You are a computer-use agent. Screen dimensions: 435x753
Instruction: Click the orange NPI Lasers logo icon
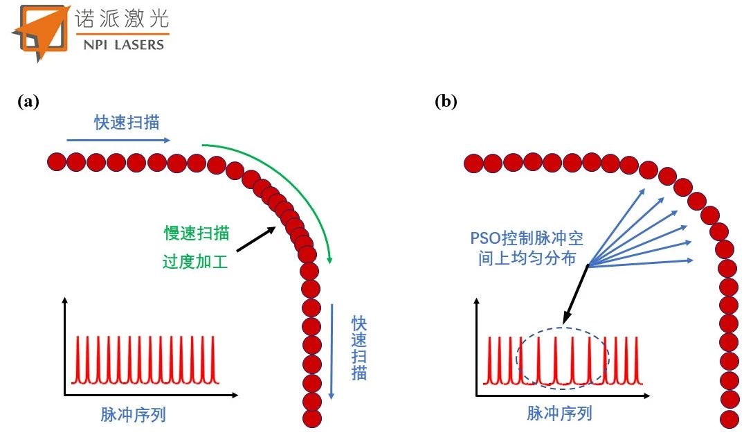click(x=37, y=31)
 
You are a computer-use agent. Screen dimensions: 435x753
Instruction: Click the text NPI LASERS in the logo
click(x=119, y=44)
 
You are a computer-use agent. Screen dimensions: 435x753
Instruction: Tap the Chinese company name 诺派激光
click(x=121, y=19)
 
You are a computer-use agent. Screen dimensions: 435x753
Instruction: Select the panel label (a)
click(x=28, y=102)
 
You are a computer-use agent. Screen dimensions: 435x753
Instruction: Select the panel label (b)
click(x=446, y=102)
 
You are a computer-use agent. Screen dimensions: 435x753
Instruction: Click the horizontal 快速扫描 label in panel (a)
click(x=127, y=123)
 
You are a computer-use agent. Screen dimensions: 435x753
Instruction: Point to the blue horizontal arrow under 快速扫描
click(x=118, y=139)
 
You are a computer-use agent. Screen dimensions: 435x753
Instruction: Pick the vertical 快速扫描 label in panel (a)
click(x=359, y=348)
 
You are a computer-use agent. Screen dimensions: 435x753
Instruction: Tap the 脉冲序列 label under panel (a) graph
click(x=133, y=415)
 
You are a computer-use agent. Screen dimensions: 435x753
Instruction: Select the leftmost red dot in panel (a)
click(x=56, y=163)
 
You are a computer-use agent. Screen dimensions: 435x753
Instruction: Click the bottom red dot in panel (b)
click(x=729, y=418)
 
